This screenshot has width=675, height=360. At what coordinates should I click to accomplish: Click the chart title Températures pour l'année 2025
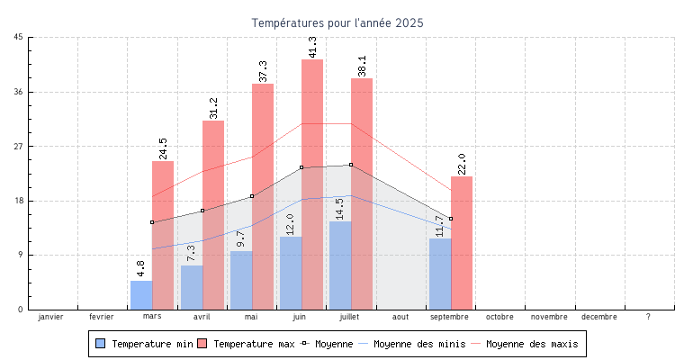tap(337, 22)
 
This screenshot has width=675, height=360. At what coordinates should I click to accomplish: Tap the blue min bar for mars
tap(141, 295)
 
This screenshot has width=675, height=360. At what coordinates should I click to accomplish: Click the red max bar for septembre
tap(462, 243)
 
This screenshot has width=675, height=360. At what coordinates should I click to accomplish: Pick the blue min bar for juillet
tap(340, 265)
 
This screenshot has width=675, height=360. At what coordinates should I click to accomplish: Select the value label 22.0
tap(462, 164)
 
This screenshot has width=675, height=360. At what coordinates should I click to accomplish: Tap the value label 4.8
tap(141, 268)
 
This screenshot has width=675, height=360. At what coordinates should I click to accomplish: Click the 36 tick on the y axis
tap(19, 92)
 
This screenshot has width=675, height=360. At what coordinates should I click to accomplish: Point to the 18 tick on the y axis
tap(19, 201)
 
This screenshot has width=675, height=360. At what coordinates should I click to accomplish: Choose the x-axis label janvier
tap(52, 317)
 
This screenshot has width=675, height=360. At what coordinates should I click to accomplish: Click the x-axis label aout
tap(400, 317)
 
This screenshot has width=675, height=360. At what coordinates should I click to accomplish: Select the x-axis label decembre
tap(599, 317)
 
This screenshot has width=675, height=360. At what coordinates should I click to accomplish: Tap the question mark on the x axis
tap(649, 317)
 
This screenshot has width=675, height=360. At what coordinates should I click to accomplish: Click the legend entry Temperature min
tap(144, 344)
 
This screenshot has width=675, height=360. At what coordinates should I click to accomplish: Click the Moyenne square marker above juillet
tap(351, 165)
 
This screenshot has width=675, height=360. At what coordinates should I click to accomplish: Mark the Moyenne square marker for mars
tap(152, 222)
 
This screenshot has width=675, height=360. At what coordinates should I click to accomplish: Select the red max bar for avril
tap(213, 215)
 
